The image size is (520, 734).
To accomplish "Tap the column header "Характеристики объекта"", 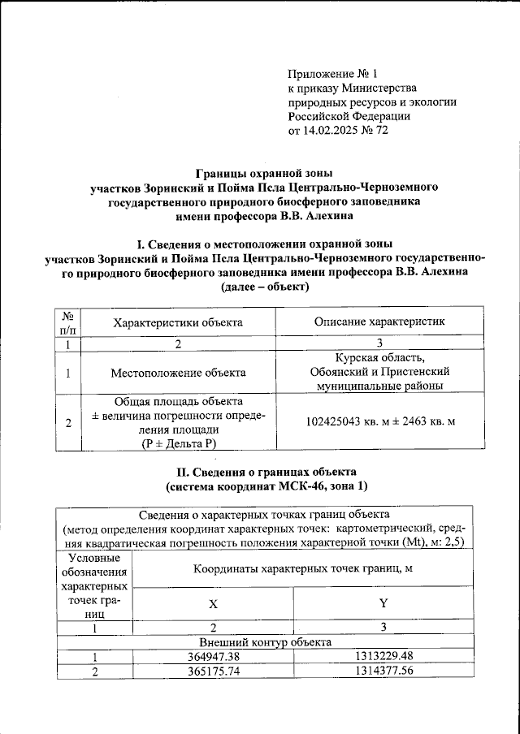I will (x=178, y=322).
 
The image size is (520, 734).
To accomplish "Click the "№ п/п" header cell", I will (x=68, y=322).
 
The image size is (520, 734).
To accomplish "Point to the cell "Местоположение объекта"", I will (x=178, y=373).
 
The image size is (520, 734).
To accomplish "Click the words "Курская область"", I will (x=380, y=359).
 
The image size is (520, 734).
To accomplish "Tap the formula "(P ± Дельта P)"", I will (x=178, y=443).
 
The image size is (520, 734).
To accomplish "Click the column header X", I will (x=213, y=605).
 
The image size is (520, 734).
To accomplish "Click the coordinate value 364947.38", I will (x=213, y=657).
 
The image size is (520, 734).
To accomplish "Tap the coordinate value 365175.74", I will (x=213, y=671).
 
